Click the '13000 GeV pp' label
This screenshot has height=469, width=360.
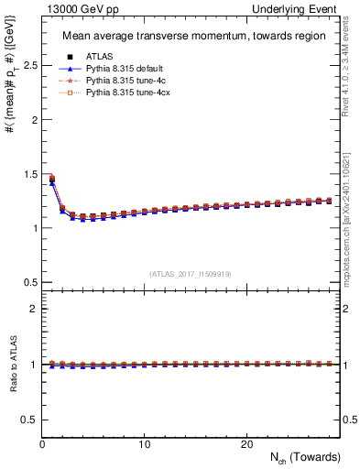click(x=70, y=8)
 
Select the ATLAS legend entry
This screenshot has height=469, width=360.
click(x=101, y=57)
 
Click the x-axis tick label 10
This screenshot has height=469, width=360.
click(x=144, y=443)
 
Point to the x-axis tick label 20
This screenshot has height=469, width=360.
click(x=246, y=443)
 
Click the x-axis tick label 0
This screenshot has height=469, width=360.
click(x=42, y=443)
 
